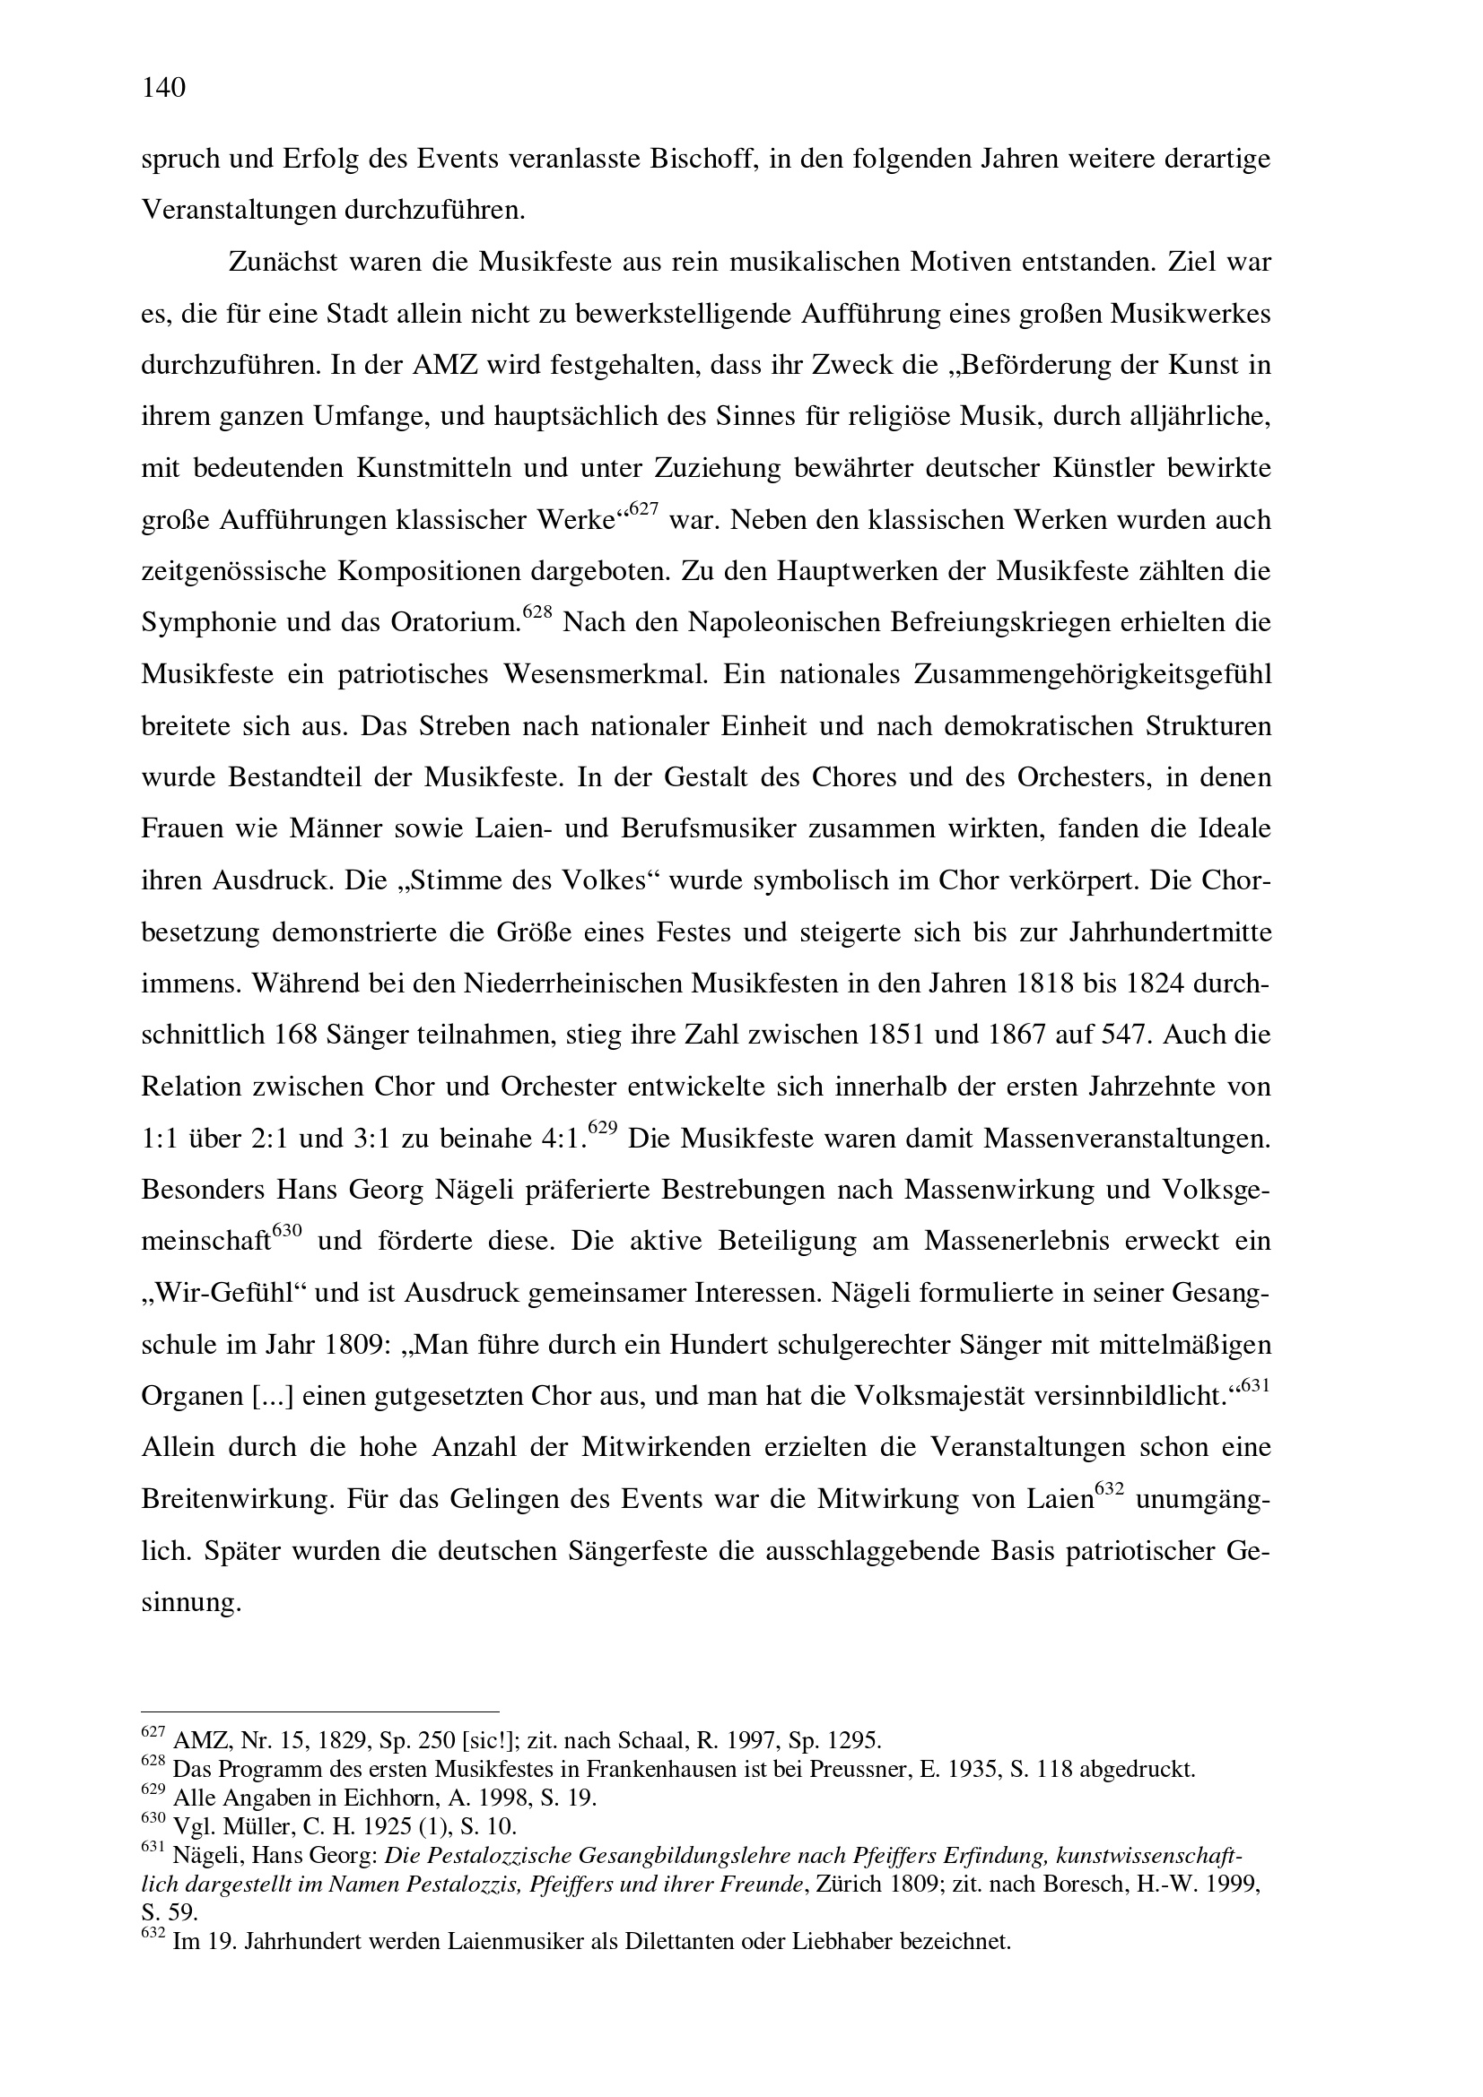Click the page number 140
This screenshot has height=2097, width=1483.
pos(164,88)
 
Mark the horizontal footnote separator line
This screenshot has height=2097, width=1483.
pos(319,1712)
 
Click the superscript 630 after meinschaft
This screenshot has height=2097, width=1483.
pos(287,1232)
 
